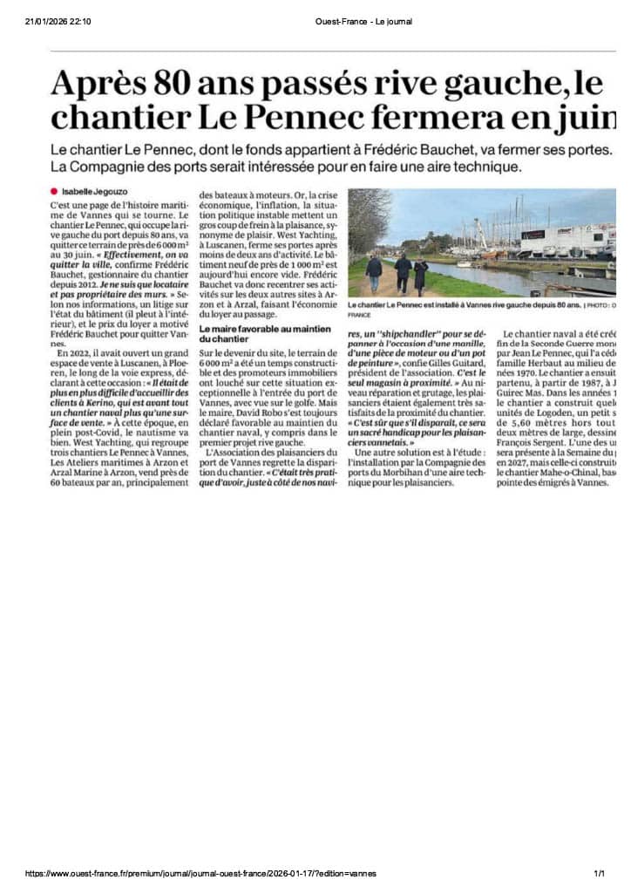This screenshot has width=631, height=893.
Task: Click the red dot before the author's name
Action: [x=54, y=191]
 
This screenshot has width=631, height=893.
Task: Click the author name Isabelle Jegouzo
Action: [x=89, y=191]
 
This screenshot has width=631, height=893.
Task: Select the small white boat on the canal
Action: [x=471, y=262]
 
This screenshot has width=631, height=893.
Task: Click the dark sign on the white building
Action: [x=533, y=235]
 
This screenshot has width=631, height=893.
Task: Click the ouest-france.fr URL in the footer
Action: [x=201, y=873]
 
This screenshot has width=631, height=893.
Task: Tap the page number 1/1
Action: [x=599, y=873]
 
